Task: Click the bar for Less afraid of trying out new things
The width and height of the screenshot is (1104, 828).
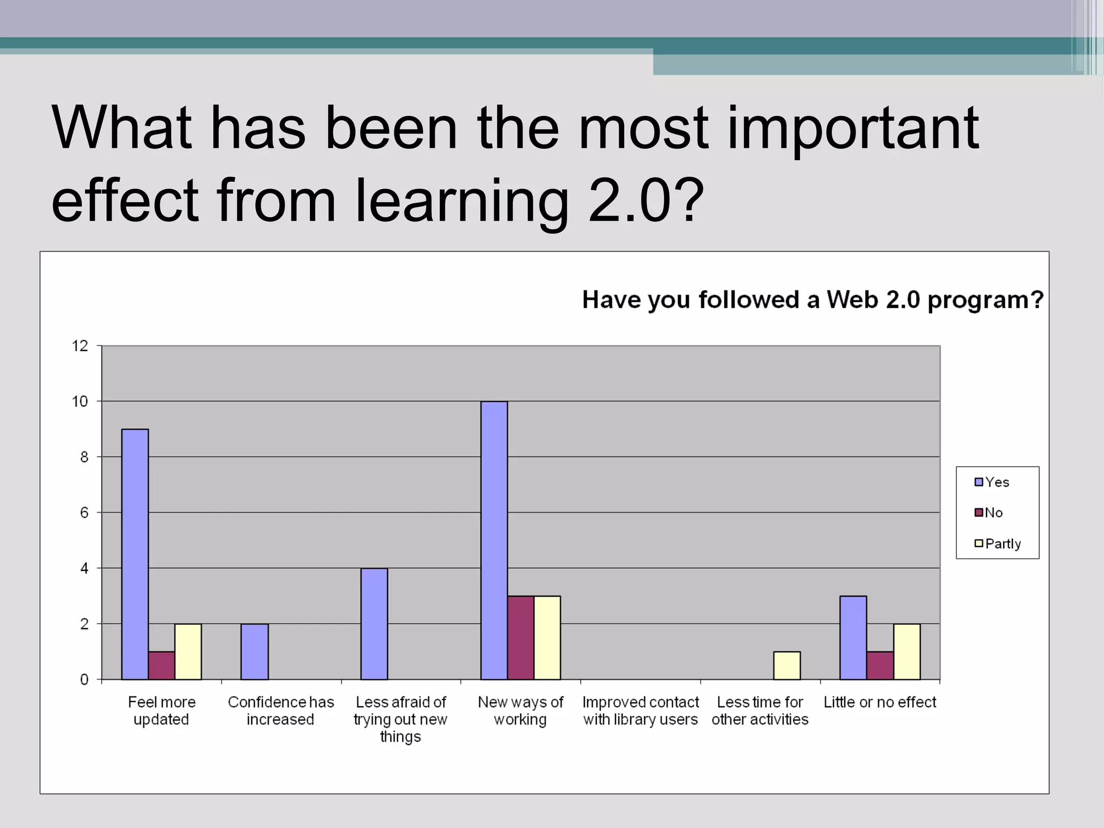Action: click(374, 624)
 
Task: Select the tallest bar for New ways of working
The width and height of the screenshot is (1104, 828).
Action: click(494, 540)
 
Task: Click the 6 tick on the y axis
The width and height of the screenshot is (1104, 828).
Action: click(84, 513)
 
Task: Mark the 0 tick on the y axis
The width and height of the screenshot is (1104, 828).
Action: click(84, 680)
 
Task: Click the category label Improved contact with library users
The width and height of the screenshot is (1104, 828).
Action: click(640, 710)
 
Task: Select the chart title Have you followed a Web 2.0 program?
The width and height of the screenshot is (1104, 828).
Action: click(813, 300)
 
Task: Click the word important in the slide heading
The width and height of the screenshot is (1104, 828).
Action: click(853, 129)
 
